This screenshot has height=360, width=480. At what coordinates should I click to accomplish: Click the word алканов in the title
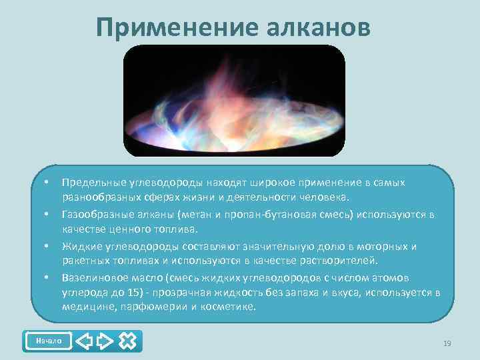[318, 27]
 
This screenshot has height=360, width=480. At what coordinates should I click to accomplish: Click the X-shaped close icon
[128, 341]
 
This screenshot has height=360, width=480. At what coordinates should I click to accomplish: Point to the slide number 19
[447, 343]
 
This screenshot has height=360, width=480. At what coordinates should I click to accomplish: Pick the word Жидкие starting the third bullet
[79, 246]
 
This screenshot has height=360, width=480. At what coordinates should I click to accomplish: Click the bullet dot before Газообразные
[47, 214]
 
